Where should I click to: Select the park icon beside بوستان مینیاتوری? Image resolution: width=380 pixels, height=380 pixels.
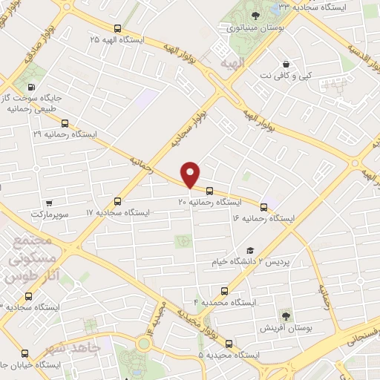[x=255, y=16]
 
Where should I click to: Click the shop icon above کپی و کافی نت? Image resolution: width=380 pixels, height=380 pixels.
[x=286, y=64]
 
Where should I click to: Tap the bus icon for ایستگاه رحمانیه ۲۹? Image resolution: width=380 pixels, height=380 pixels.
[x=65, y=124]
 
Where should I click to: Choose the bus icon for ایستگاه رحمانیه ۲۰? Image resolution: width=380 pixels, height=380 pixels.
[x=210, y=190]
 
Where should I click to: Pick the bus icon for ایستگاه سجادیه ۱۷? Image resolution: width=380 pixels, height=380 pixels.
[x=117, y=201]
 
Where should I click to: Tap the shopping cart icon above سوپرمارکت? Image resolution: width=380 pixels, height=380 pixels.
[x=48, y=203]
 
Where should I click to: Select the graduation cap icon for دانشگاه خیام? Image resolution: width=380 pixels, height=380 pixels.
[x=251, y=252]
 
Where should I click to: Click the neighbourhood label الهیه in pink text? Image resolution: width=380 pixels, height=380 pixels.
[x=232, y=65]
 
